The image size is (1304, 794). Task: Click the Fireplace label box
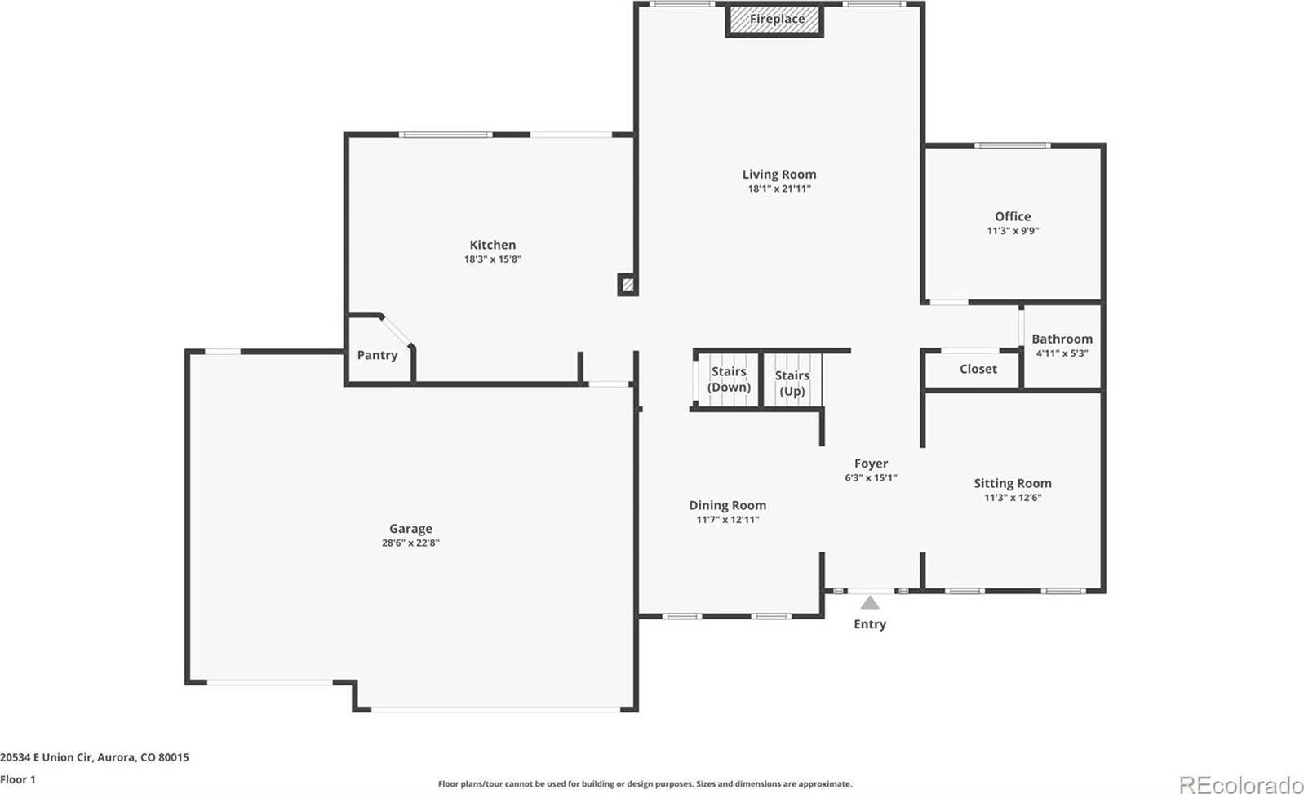tap(774, 20)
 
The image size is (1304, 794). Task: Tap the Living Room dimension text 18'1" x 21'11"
tap(779, 189)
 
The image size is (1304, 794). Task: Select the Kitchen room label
tap(493, 245)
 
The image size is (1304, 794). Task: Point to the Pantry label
tap(377, 355)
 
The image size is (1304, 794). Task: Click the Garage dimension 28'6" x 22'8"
tap(410, 543)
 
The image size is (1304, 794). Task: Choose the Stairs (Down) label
tap(729, 379)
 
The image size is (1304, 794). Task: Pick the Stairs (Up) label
tap(792, 383)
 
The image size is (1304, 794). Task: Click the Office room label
tap(1013, 216)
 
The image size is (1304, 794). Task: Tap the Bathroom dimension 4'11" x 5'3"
tap(1062, 353)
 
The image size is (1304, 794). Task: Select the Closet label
tap(978, 369)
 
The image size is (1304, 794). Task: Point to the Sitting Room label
tap(1013, 483)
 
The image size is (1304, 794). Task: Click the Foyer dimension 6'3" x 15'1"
tap(871, 478)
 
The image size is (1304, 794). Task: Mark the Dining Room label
tap(728, 505)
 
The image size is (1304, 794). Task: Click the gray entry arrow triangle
tap(870, 603)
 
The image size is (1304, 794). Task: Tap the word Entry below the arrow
tap(870, 624)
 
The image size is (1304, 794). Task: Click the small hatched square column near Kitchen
tap(628, 285)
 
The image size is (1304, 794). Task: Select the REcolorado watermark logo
tap(1240, 784)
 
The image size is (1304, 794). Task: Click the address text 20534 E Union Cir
tap(46, 757)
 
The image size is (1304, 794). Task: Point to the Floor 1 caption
tap(17, 779)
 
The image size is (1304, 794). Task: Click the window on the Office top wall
tap(1013, 145)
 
